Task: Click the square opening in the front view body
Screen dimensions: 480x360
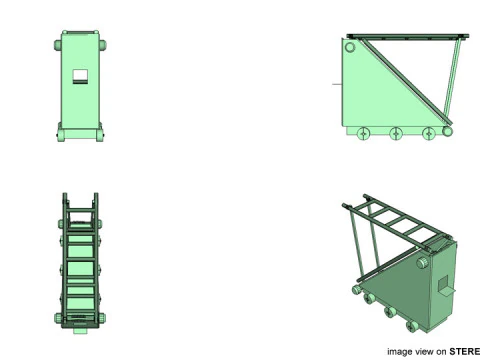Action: (x=80, y=76)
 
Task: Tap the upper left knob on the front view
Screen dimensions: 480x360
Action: (x=58, y=45)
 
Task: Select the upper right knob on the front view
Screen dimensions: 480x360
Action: (x=103, y=45)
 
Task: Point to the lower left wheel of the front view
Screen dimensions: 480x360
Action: (x=61, y=135)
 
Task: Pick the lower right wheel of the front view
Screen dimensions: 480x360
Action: (x=100, y=135)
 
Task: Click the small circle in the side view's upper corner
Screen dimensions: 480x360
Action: (x=350, y=47)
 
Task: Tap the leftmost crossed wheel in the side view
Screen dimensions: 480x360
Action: (x=364, y=134)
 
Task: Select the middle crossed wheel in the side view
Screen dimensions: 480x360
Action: (x=396, y=134)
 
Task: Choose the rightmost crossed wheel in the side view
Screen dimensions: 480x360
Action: (x=429, y=134)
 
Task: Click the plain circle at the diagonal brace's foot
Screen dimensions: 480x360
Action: (x=447, y=131)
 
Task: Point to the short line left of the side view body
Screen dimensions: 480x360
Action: (x=337, y=84)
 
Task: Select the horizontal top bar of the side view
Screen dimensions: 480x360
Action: (x=408, y=36)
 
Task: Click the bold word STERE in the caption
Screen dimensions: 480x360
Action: (x=464, y=352)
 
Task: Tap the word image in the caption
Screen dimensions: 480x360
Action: (x=400, y=352)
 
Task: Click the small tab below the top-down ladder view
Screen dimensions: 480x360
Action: (x=80, y=331)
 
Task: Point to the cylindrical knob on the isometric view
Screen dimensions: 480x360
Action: (x=423, y=263)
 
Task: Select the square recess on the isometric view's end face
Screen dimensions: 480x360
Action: (x=443, y=283)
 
